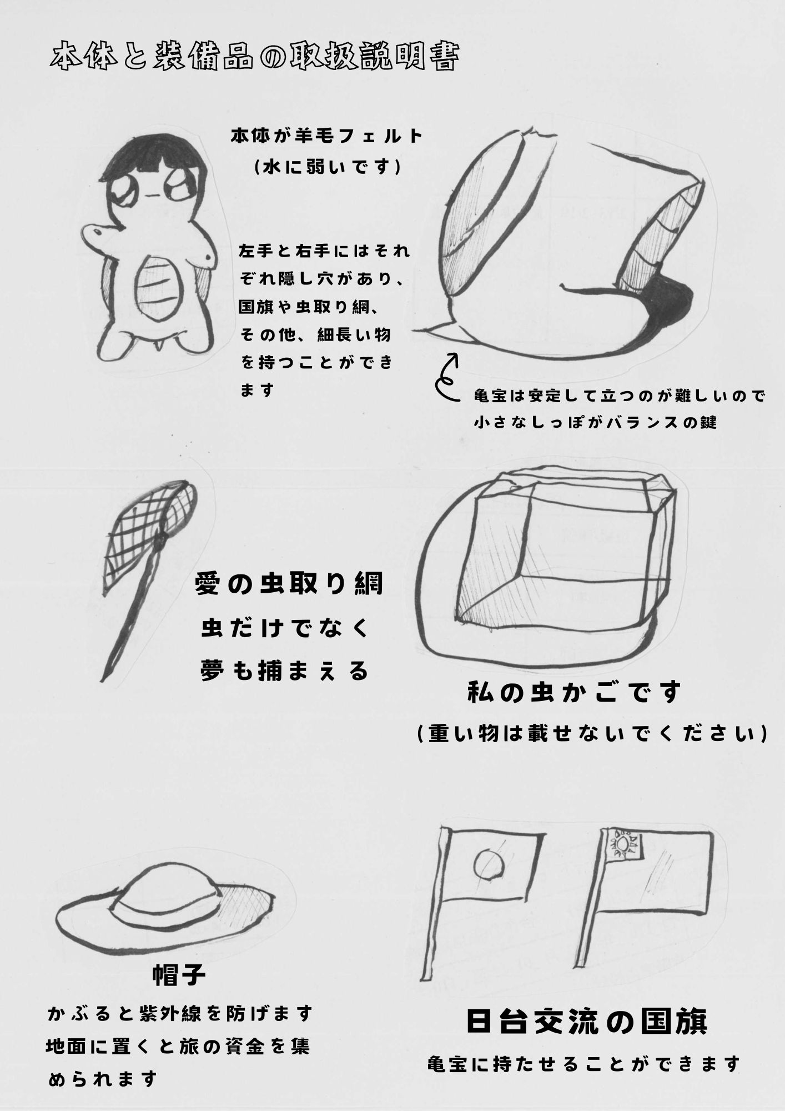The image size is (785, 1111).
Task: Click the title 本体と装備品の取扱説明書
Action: [254, 58]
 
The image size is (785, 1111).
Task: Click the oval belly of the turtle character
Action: [160, 288]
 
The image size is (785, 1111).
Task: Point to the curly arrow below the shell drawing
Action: [447, 377]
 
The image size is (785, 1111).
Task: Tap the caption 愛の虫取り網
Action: [289, 585]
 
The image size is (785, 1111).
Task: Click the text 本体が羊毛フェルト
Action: [327, 137]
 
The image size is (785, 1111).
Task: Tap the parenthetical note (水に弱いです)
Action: [327, 167]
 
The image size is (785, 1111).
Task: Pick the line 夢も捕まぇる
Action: [285, 672]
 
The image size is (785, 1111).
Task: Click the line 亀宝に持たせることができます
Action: [584, 1064]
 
